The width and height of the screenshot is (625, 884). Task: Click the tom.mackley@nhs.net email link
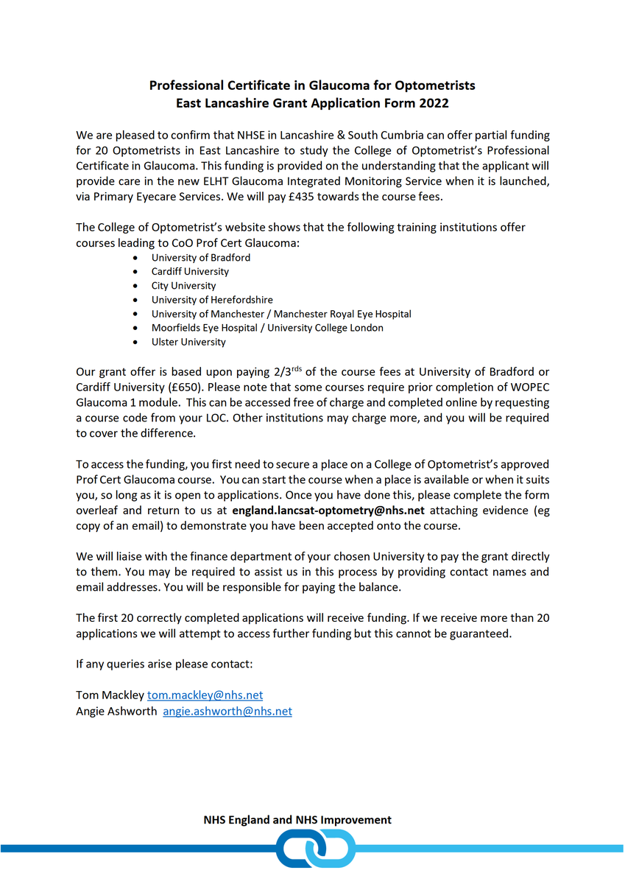click(x=205, y=695)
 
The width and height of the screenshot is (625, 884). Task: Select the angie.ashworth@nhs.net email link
click(x=227, y=711)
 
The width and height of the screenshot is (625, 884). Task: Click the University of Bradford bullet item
click(x=201, y=258)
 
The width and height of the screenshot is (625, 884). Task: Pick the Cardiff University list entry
click(x=190, y=272)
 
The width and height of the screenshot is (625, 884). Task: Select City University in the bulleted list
click(x=183, y=286)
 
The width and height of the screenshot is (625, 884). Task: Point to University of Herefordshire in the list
click(x=212, y=300)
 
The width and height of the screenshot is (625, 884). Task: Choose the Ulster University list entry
click(x=188, y=342)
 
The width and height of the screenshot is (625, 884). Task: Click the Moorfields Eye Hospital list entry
click(x=267, y=328)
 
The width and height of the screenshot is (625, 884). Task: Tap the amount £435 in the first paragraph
click(x=315, y=197)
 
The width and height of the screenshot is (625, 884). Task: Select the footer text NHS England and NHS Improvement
click(x=297, y=820)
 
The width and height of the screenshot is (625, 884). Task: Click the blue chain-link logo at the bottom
click(x=313, y=849)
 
